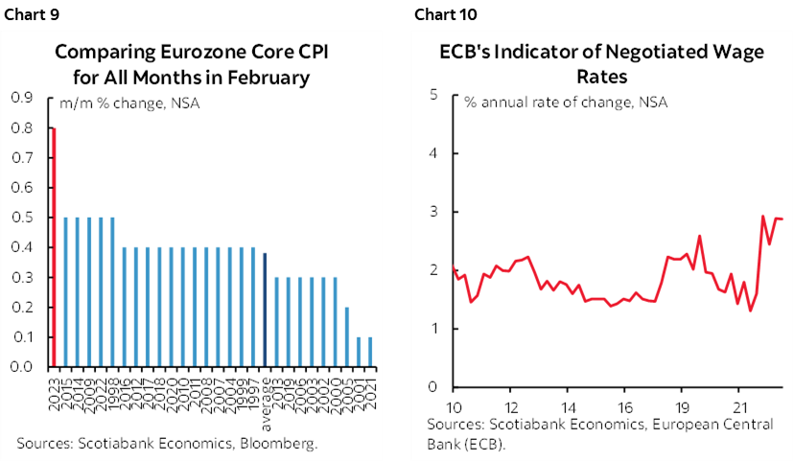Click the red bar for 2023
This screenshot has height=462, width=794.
(x=54, y=247)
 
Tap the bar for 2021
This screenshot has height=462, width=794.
(x=370, y=352)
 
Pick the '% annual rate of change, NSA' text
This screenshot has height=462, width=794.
(x=566, y=102)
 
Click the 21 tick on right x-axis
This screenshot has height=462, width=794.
(x=738, y=404)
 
